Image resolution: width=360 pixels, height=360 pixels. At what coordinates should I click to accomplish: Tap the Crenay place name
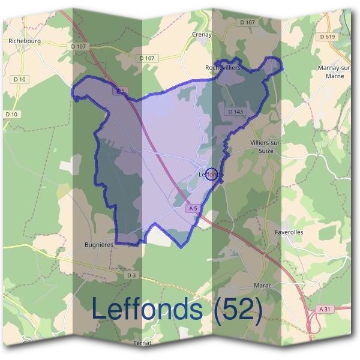point(202,35)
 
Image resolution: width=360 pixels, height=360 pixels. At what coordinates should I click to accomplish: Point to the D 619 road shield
point(327,37)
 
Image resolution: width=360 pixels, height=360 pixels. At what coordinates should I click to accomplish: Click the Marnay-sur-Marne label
point(334,72)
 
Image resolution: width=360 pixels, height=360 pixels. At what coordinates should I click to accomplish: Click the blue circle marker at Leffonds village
point(211,175)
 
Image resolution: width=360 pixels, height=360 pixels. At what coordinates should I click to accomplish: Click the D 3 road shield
point(132,275)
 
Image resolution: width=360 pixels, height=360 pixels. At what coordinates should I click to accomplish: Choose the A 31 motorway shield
point(325,308)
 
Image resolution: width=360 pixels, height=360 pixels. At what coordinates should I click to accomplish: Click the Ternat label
point(142,343)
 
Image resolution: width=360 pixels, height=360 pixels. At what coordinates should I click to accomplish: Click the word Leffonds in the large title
point(147,309)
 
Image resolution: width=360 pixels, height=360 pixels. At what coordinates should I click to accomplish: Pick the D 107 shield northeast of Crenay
point(247,22)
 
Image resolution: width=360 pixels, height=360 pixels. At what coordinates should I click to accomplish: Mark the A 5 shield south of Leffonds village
point(192,208)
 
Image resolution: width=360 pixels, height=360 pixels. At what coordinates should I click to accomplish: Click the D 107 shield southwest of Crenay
point(147,58)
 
